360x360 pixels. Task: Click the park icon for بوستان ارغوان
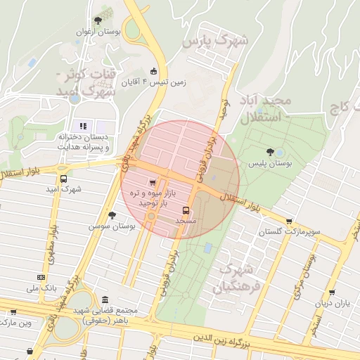click(x=98, y=20)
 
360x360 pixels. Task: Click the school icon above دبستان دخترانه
click(x=82, y=126)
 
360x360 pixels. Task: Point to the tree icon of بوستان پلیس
click(x=270, y=152)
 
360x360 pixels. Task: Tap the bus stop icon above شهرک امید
click(x=65, y=179)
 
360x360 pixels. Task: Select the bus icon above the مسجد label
click(x=186, y=210)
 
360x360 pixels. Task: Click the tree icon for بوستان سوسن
click(x=112, y=215)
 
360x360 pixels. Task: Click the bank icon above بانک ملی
click(x=41, y=277)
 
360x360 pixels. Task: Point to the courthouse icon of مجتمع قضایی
click(x=105, y=299)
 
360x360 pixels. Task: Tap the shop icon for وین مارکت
click(x=13, y=311)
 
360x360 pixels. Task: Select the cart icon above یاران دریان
click(x=331, y=293)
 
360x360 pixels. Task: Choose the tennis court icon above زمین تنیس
click(x=154, y=70)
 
